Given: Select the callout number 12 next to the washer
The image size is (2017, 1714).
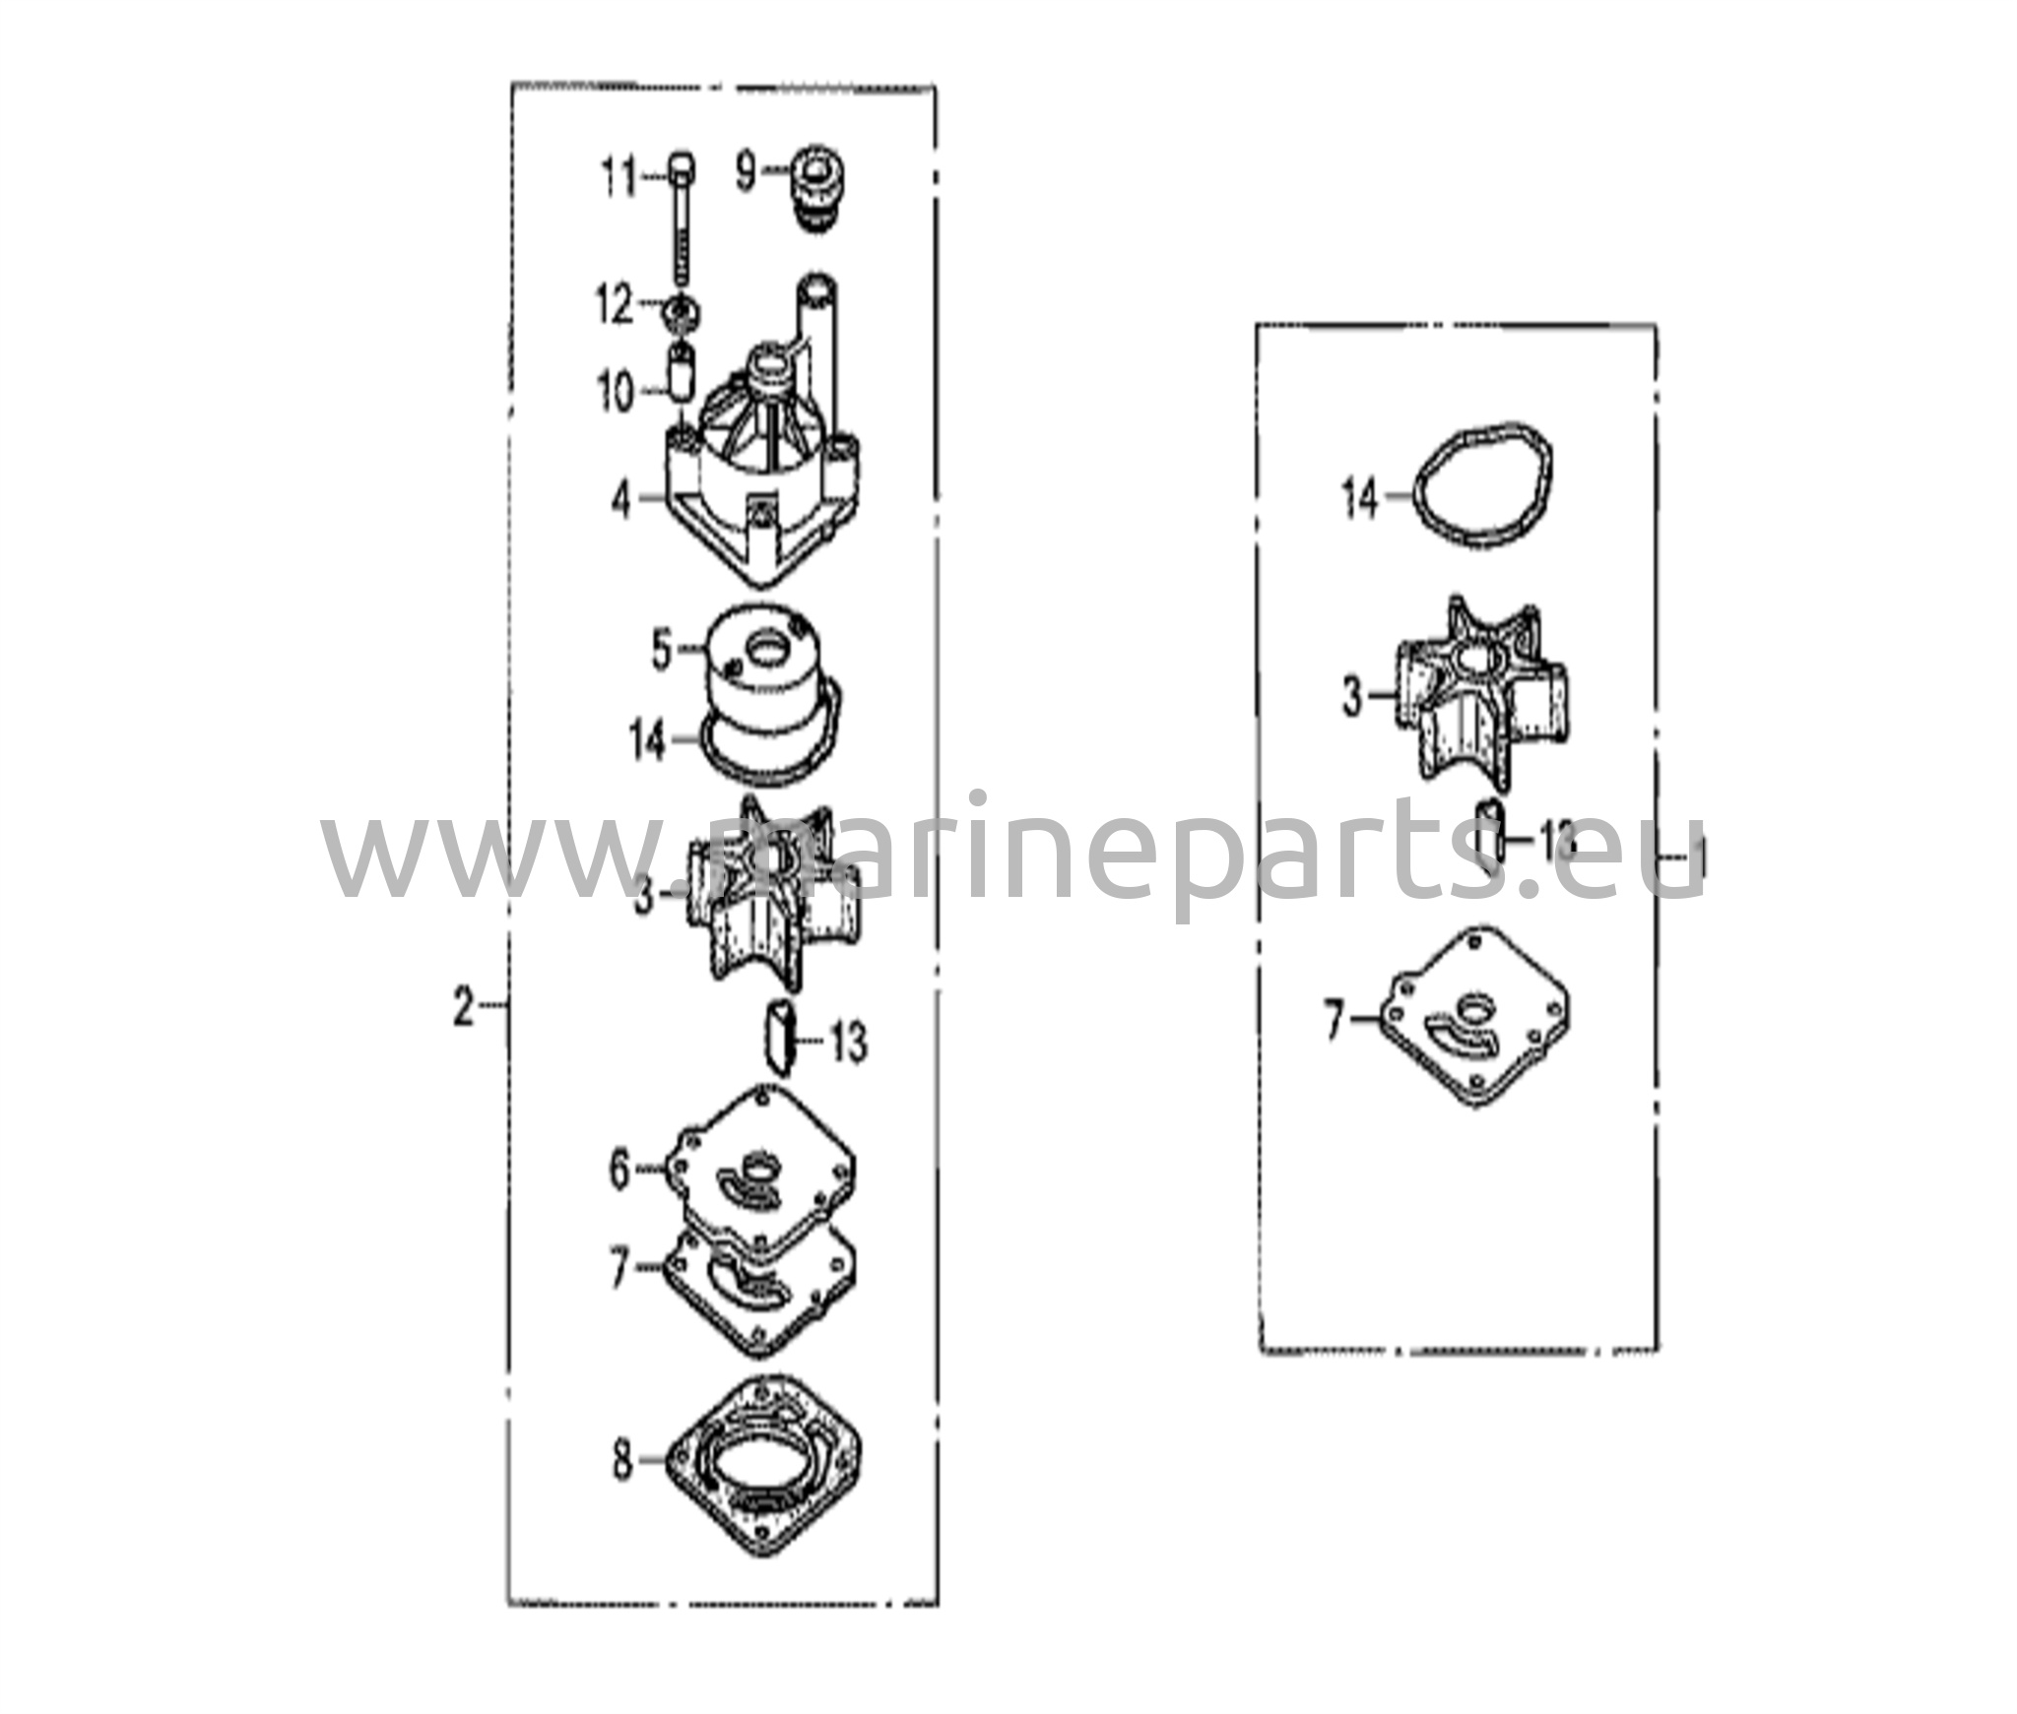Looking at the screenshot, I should tap(615, 306).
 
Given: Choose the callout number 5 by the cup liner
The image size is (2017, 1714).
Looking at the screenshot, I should tap(663, 652).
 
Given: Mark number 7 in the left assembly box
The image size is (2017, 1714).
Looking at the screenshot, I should tap(618, 1270).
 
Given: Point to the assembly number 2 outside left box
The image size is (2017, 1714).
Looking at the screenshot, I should tap(463, 1009).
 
